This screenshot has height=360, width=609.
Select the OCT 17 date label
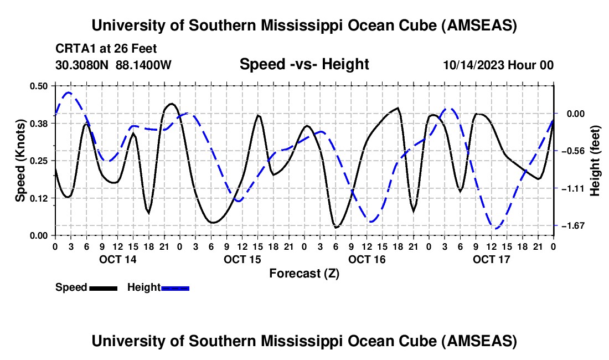point(491,259)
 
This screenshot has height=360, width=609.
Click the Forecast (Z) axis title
point(304,273)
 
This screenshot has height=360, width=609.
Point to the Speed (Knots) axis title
point(20,161)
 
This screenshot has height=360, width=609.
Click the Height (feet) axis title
point(596,161)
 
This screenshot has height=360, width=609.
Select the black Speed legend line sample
point(102,288)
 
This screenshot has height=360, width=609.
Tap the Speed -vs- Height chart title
point(304,64)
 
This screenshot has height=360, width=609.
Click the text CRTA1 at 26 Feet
point(106,48)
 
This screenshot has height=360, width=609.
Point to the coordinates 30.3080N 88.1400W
point(113,65)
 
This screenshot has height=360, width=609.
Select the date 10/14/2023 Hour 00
point(498,65)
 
